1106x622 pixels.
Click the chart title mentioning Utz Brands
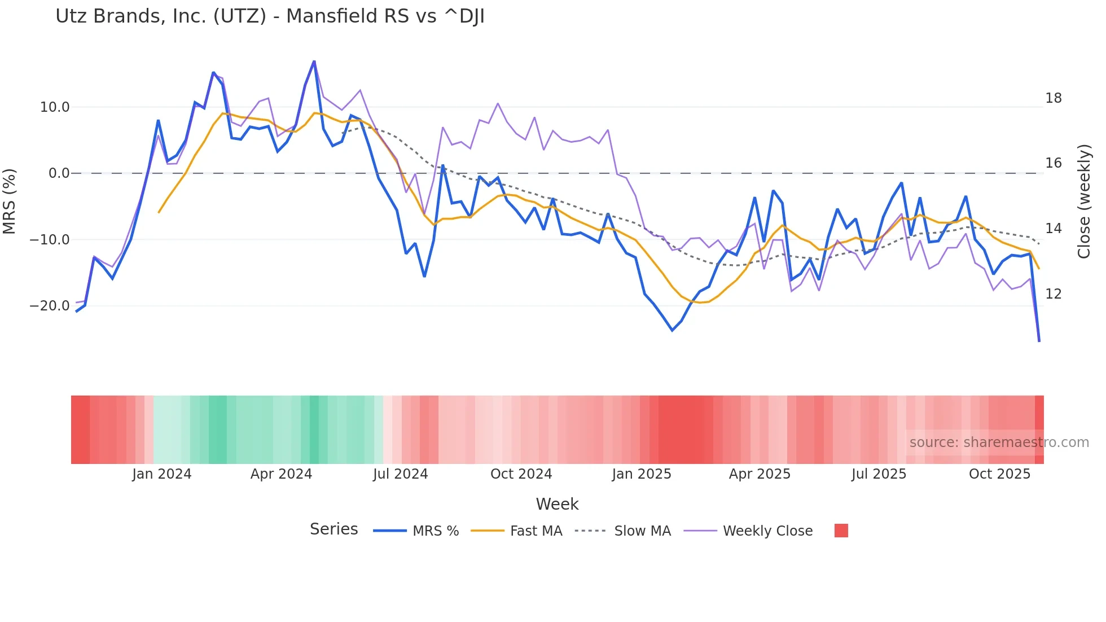(x=270, y=16)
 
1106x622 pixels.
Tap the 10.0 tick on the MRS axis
(x=55, y=107)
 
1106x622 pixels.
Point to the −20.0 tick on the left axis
(x=50, y=306)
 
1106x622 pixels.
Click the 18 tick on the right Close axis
(x=1053, y=98)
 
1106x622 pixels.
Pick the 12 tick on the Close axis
(x=1053, y=294)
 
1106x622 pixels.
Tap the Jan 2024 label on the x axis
(x=162, y=474)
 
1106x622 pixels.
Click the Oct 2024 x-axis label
(x=521, y=474)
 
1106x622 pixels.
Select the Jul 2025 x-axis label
(x=879, y=474)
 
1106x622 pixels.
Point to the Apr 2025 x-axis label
(x=760, y=474)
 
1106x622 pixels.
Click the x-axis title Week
(x=557, y=504)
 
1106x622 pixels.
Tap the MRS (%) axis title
(x=10, y=201)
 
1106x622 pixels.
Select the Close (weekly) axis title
(x=1084, y=202)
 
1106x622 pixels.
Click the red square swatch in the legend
(x=841, y=531)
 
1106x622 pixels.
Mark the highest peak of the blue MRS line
(x=314, y=62)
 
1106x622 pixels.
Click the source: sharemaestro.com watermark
(x=999, y=443)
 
